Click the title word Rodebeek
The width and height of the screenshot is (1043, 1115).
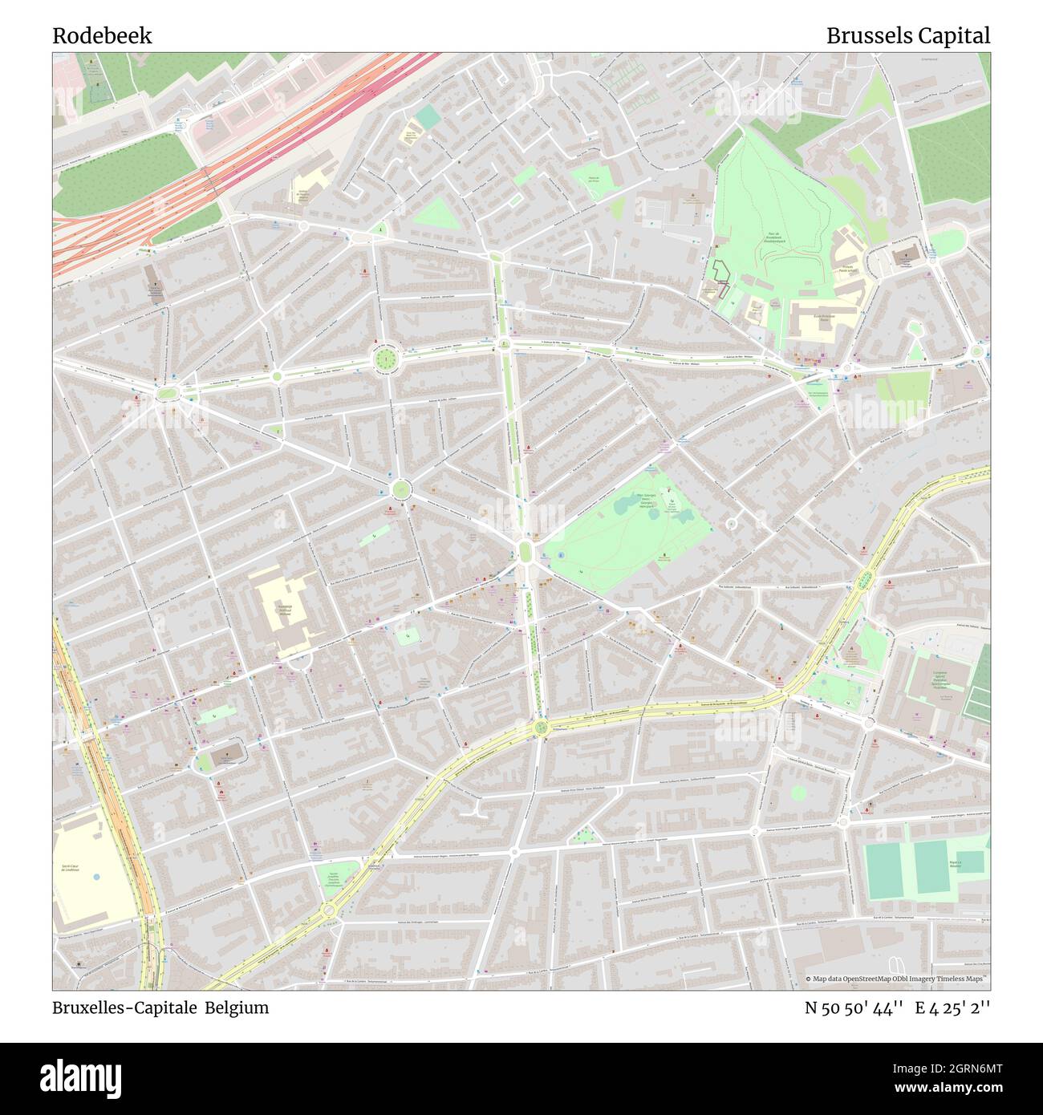pyautogui.click(x=102, y=36)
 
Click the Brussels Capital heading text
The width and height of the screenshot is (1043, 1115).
pyautogui.click(x=907, y=36)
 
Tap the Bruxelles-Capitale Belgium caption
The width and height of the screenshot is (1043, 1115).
pyautogui.click(x=160, y=1008)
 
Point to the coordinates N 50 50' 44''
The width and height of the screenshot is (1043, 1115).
pyautogui.click(x=855, y=1008)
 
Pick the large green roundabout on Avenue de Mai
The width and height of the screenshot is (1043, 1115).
pyautogui.click(x=385, y=359)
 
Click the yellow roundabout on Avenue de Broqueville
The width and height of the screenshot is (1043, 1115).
pyautogui.click(x=541, y=728)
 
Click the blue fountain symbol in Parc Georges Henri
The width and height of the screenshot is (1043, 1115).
pyautogui.click(x=560, y=554)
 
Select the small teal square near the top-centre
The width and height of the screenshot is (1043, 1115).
pyautogui.click(x=428, y=117)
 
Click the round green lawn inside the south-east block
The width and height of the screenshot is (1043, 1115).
pyautogui.click(x=797, y=793)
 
